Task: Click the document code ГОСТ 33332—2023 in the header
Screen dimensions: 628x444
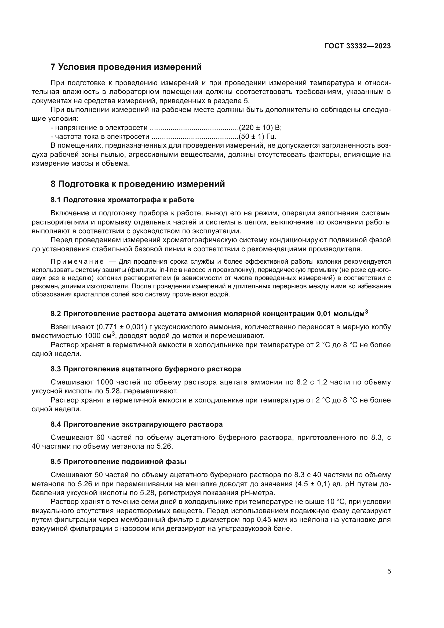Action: click(357, 46)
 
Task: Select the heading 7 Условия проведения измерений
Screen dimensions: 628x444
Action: click(126, 67)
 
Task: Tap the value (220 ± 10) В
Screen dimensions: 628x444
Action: click(260, 128)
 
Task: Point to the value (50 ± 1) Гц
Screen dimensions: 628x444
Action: click(257, 136)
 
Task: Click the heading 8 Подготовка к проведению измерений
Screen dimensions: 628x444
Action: click(137, 184)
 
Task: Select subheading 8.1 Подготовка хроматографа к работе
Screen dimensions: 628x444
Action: click(122, 200)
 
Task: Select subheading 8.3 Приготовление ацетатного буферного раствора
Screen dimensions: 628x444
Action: click(146, 369)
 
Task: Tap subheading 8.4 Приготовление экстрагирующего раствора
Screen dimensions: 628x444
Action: click(136, 424)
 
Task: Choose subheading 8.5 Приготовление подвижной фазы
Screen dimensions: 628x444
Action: click(118, 462)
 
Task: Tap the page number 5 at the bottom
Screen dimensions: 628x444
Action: click(389, 571)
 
